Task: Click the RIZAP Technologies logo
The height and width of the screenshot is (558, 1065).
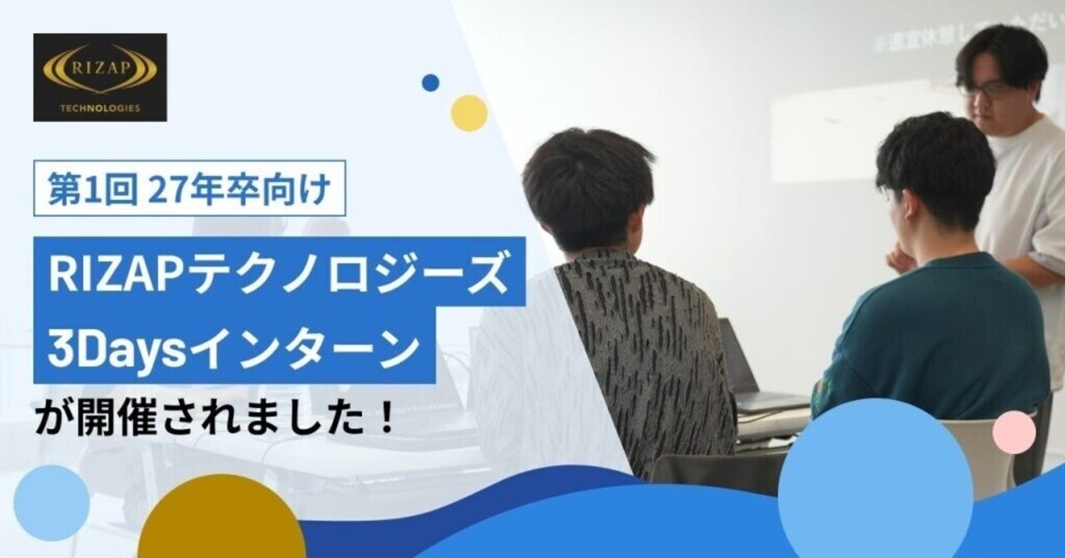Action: [x=99, y=76]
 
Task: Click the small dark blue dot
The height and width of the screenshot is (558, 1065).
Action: [x=430, y=83]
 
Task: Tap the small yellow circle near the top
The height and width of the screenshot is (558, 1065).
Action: [x=469, y=113]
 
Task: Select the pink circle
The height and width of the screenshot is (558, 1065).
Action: [x=1014, y=433]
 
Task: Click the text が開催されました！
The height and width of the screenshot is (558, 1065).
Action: [x=214, y=416]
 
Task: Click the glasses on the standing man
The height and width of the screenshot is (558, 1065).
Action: [x=983, y=89]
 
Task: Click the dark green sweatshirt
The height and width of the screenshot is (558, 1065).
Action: [x=932, y=338]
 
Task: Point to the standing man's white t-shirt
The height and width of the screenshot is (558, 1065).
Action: [x=1025, y=195]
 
